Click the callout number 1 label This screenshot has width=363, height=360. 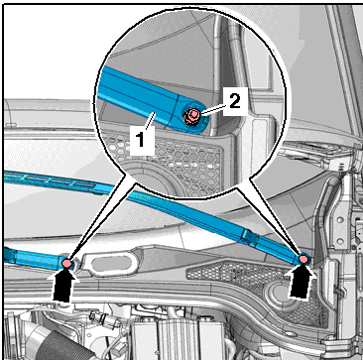[141, 140]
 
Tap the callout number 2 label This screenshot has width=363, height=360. [235, 102]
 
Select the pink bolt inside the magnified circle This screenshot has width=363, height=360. [191, 116]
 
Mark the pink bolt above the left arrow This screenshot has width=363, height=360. [66, 263]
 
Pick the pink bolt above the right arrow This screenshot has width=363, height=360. [303, 259]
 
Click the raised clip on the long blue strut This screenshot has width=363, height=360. [248, 236]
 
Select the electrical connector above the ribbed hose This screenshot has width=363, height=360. [98, 319]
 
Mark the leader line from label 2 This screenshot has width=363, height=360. [212, 109]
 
